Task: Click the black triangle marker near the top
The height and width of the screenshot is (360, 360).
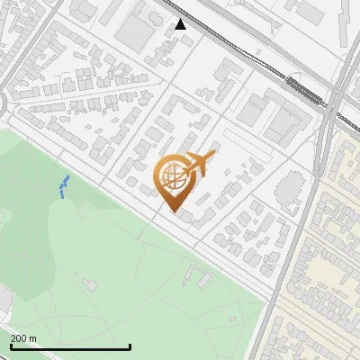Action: point(181,23)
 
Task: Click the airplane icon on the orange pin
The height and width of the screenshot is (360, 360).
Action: point(199,163)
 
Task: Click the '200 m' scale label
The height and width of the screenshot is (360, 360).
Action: point(23,338)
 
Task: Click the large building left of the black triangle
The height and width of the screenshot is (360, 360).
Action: point(136,32)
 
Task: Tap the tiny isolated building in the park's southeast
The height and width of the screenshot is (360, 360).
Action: point(232,319)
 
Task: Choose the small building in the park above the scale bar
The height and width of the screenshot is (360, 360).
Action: point(90,285)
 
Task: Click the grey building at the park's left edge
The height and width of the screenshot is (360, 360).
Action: point(4,301)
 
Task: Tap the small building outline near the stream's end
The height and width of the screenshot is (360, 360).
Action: point(85,209)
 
